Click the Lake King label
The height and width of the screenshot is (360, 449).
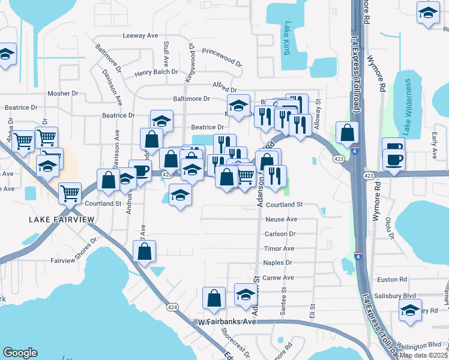click(288, 38)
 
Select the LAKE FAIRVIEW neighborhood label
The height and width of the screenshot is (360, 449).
click(62, 220)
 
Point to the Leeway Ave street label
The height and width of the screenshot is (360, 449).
click(140, 36)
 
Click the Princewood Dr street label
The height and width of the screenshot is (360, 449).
click(221, 57)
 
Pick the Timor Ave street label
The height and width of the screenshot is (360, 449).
click(279, 248)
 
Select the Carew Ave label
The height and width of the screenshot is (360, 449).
click(279, 278)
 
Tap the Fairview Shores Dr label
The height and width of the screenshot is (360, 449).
click(74, 252)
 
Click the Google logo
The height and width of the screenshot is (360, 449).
click(20, 353)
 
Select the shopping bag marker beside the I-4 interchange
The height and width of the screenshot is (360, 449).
click(348, 133)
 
